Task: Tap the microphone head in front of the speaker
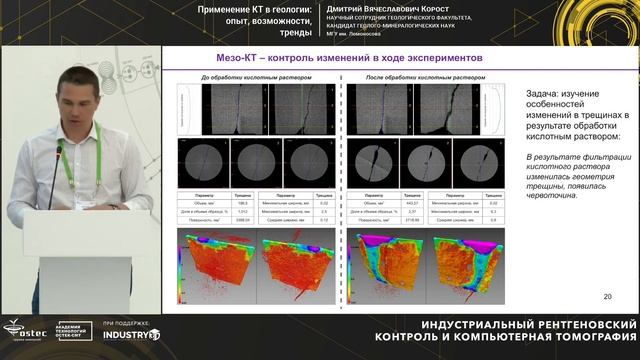tap(59, 151)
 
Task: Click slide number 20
tap(607, 296)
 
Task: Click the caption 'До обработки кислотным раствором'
tap(257, 77)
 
